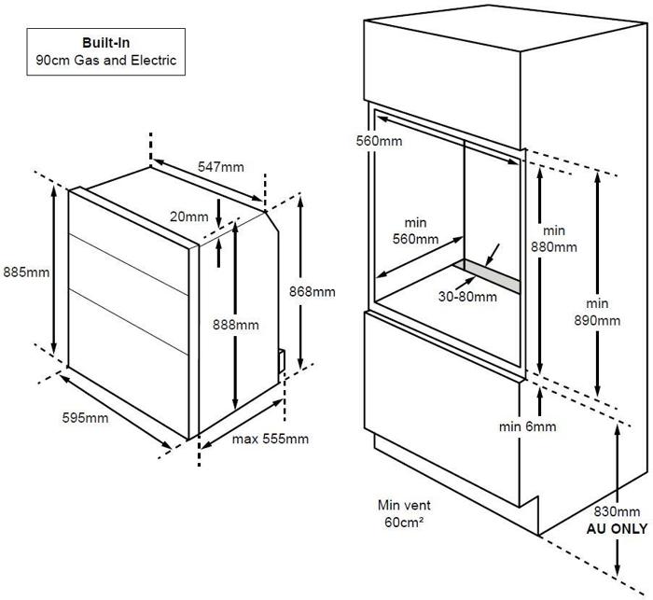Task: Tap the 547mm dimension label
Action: tap(221, 167)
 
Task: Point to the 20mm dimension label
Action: tap(190, 216)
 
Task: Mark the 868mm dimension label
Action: tap(312, 291)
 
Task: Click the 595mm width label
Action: tap(84, 417)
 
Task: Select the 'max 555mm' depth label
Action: tap(270, 439)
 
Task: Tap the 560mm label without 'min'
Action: tap(380, 141)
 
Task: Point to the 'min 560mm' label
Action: tap(415, 231)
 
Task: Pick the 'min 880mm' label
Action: tap(554, 239)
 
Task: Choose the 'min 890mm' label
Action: tap(597, 312)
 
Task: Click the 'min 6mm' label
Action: tap(527, 426)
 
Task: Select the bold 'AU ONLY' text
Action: tap(616, 528)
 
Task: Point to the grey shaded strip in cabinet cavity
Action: tap(493, 275)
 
